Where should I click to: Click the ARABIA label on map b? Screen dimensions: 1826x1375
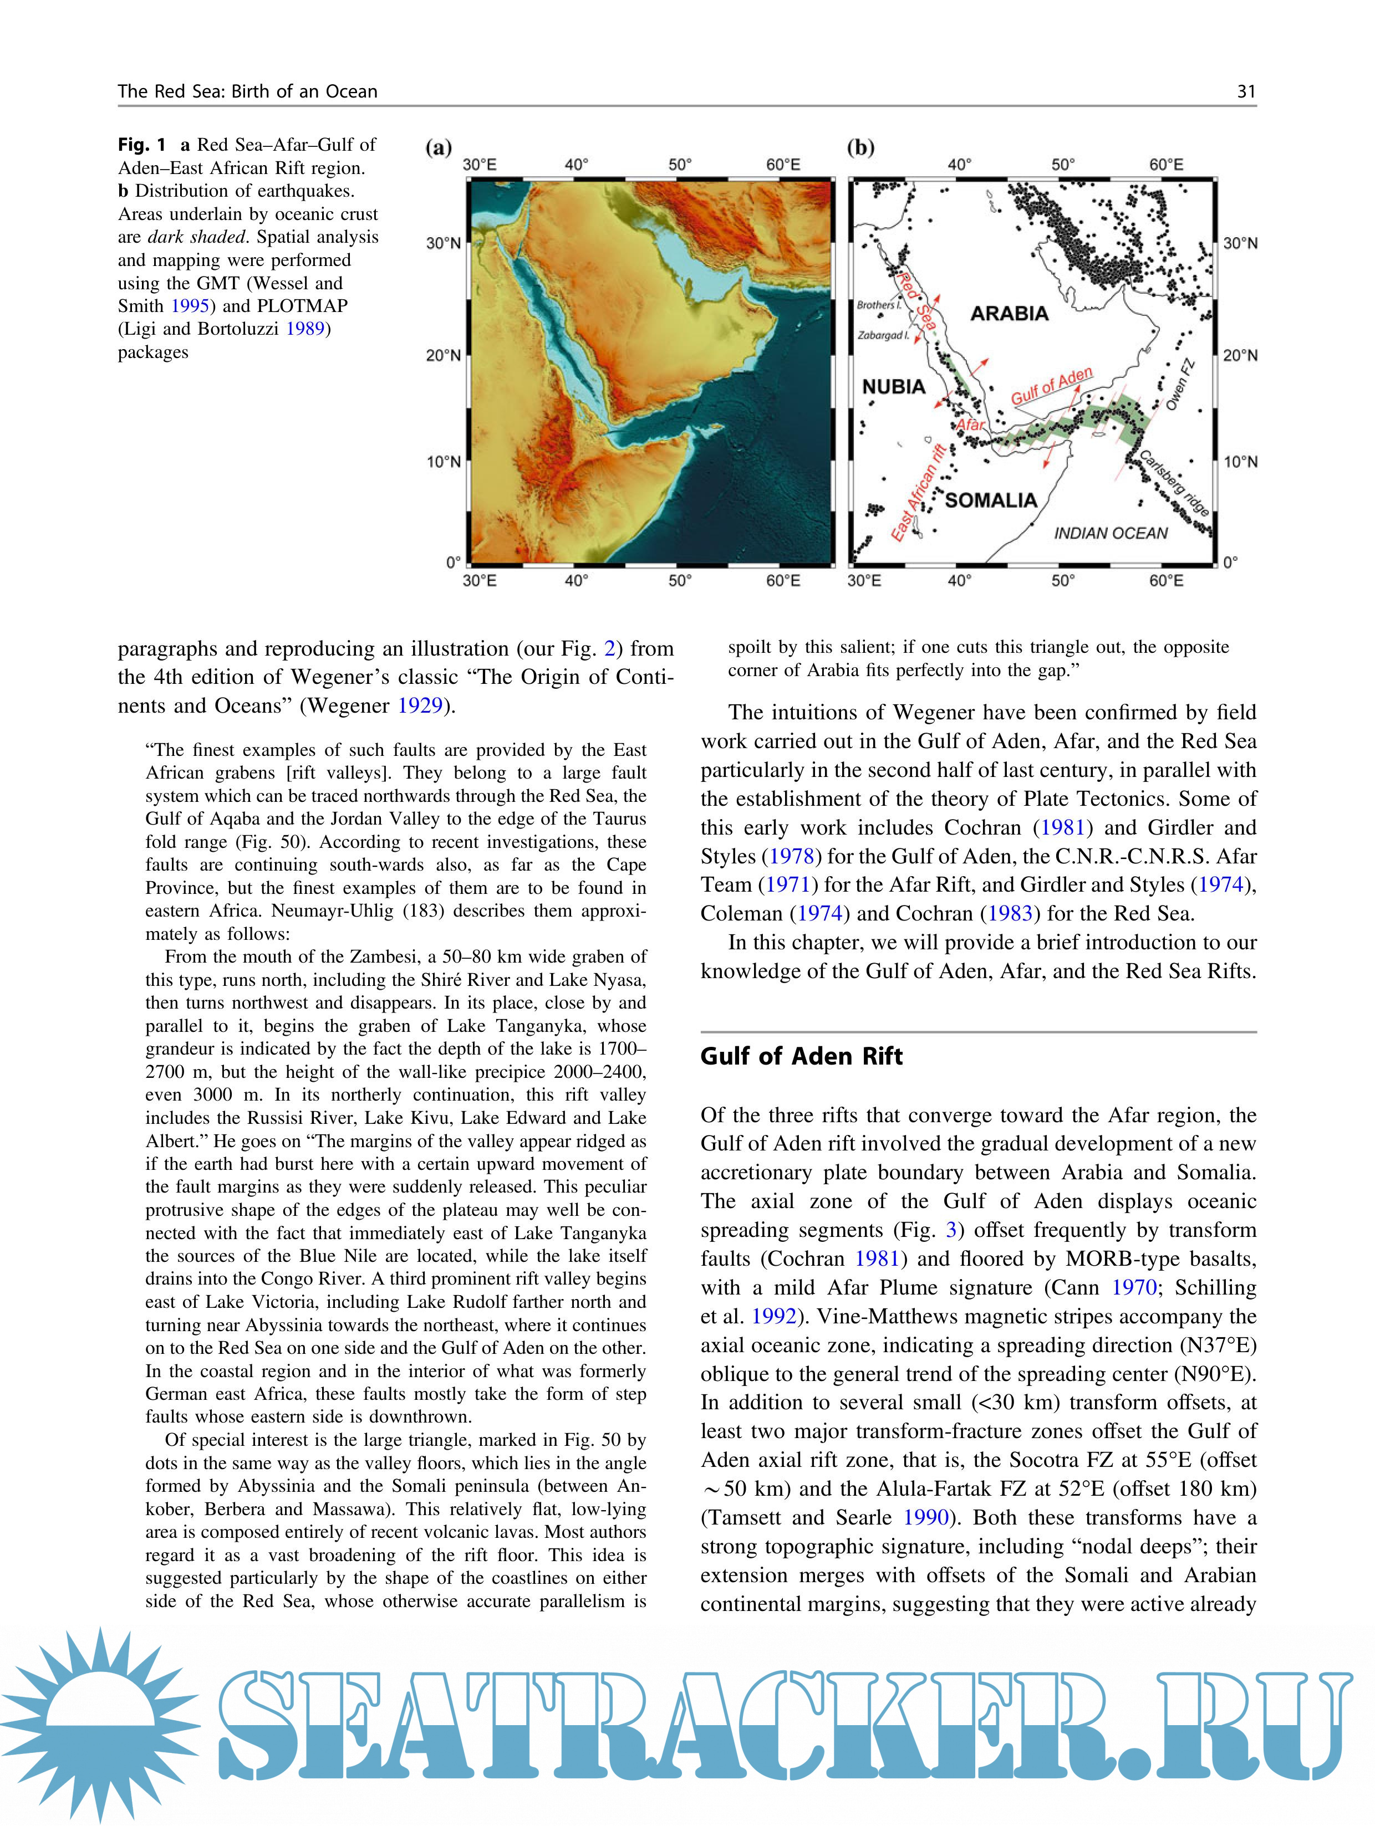click(x=1009, y=314)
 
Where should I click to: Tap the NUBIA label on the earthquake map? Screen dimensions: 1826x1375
click(x=894, y=386)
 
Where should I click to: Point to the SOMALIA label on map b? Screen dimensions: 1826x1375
click(x=990, y=500)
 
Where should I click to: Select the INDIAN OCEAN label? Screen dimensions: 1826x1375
click(x=1111, y=533)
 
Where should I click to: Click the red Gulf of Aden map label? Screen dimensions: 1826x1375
click(x=1051, y=386)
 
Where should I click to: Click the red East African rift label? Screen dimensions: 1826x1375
click(x=918, y=493)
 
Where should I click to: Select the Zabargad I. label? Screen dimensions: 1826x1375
click(x=882, y=336)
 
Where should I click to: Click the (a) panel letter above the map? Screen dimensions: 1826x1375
click(x=439, y=148)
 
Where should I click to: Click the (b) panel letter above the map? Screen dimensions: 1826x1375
click(x=860, y=148)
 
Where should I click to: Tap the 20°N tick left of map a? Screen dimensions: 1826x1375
click(x=444, y=356)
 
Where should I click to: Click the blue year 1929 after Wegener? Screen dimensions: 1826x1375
click(x=420, y=706)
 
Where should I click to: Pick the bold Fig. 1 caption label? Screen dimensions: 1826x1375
click(x=141, y=145)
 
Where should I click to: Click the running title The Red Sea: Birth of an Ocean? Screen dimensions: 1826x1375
click(x=248, y=91)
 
